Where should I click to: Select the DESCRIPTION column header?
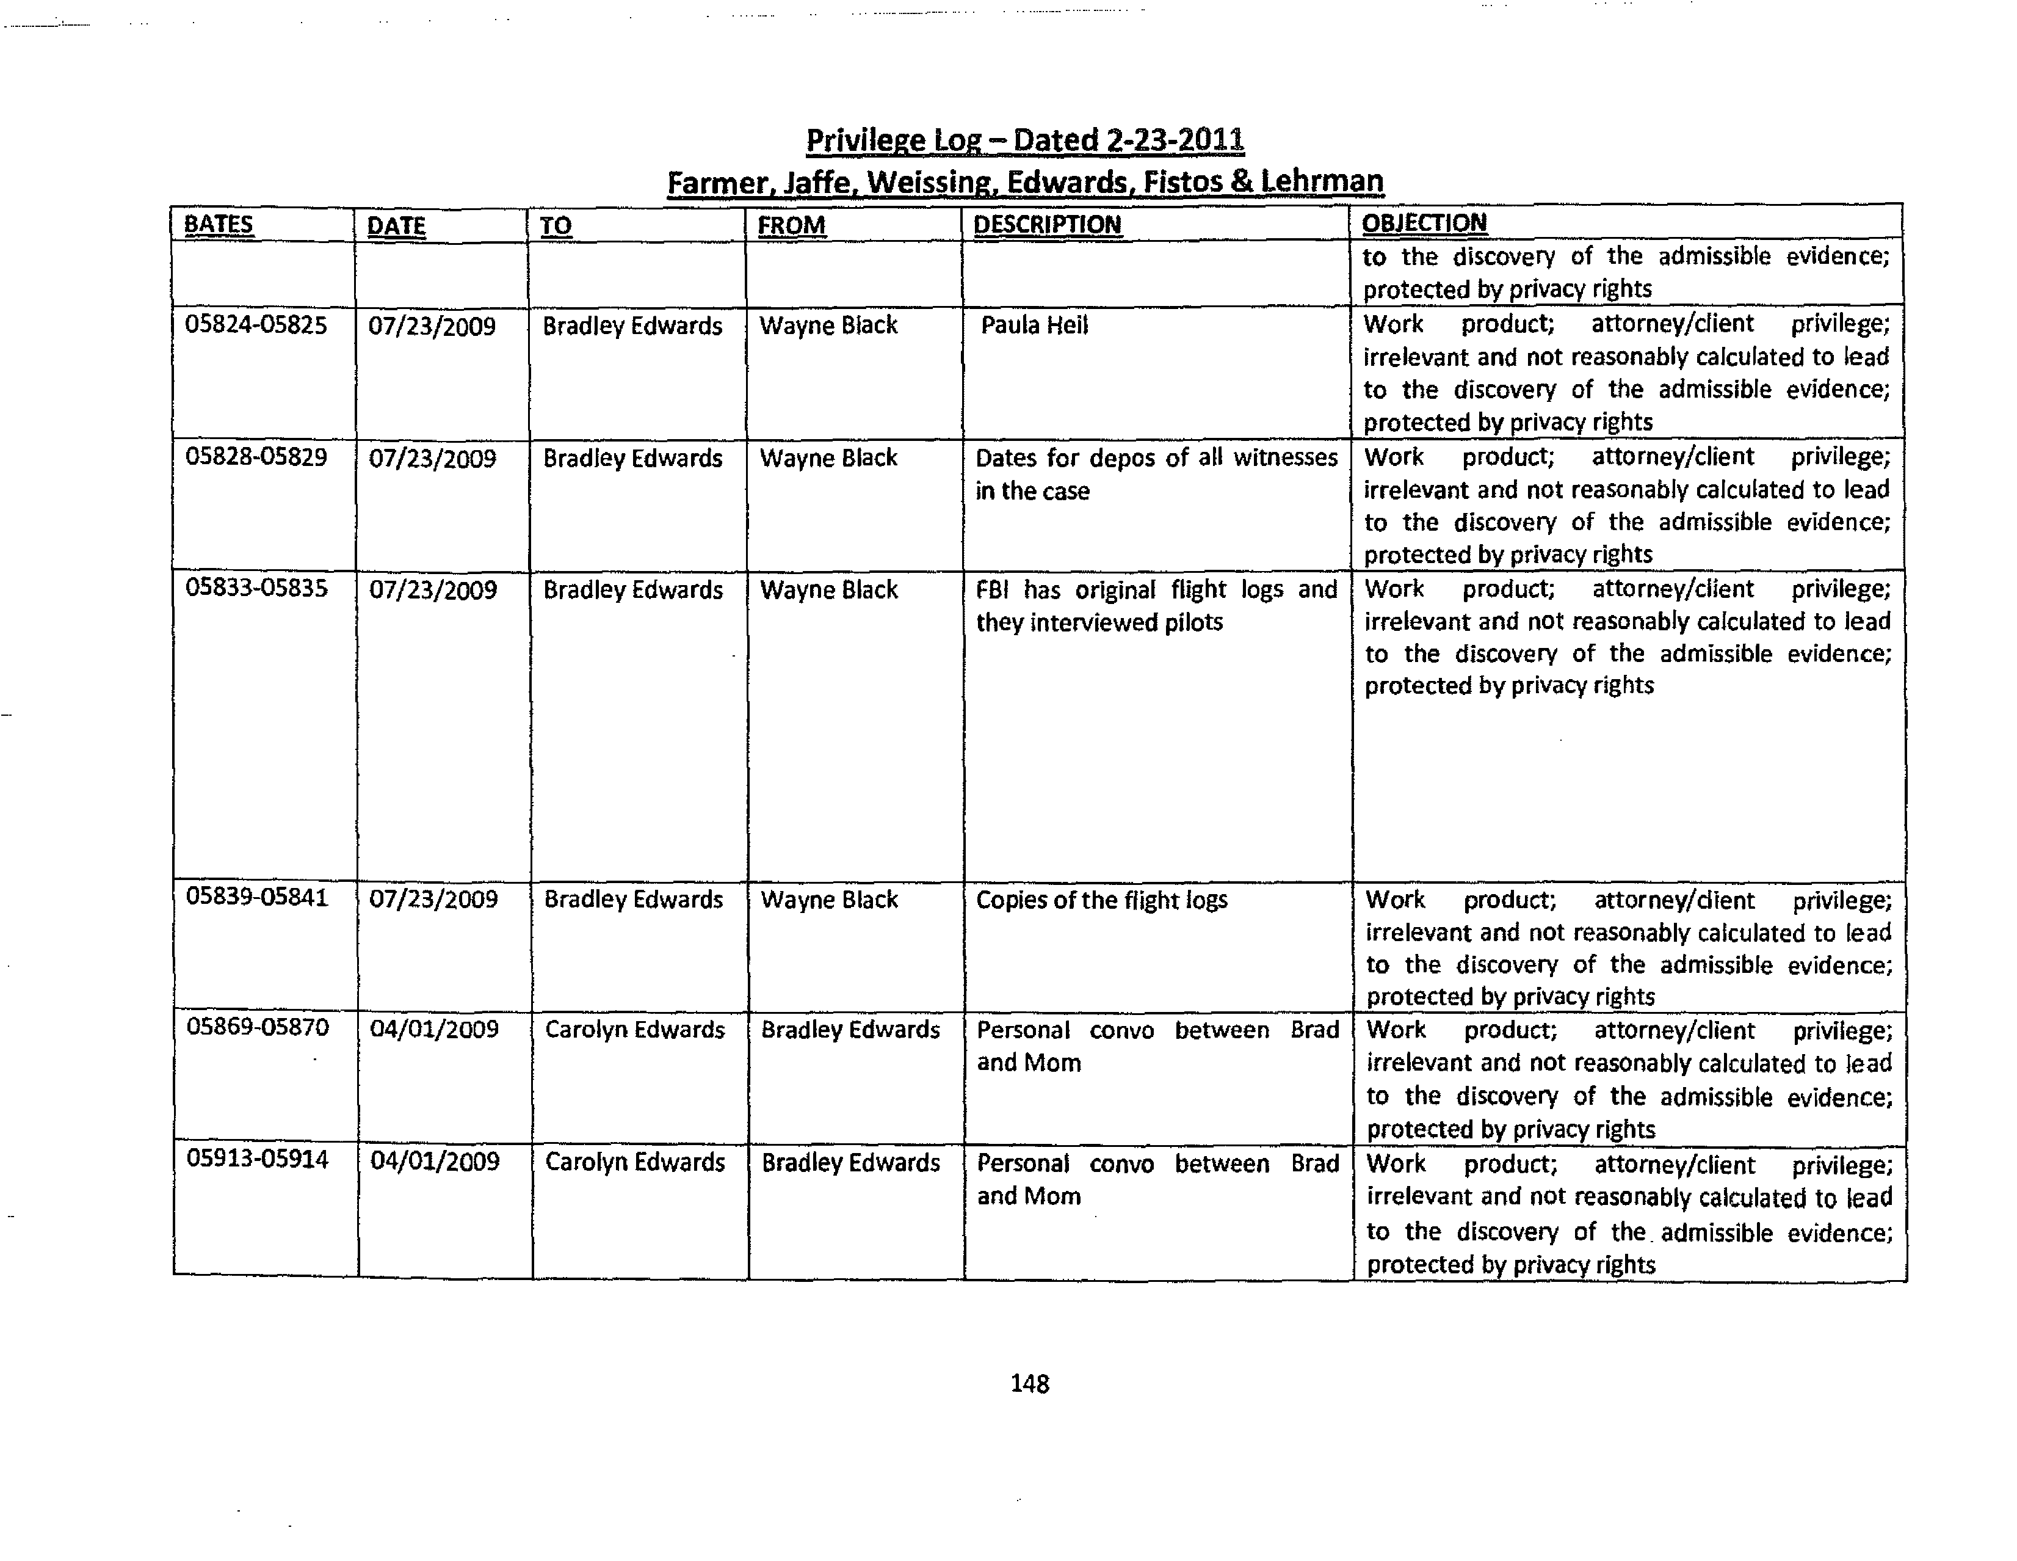coord(1048,225)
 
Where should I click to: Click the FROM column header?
coord(791,225)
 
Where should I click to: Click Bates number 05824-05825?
coord(256,325)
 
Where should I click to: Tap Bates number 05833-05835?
coord(257,588)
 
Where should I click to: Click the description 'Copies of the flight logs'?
coord(1102,900)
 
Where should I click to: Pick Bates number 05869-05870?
coord(258,1027)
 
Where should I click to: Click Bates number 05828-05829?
coord(256,457)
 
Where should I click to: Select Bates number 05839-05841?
coord(257,898)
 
